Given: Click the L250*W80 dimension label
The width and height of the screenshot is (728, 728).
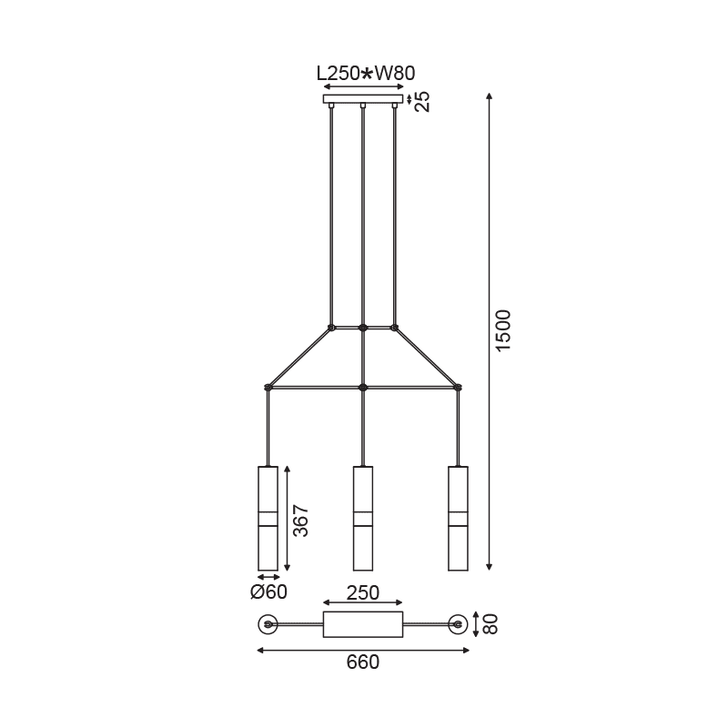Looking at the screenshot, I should [x=364, y=73].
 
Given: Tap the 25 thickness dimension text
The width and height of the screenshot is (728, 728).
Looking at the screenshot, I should [x=421, y=100].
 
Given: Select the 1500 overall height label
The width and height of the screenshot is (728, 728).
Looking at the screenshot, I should [x=503, y=332].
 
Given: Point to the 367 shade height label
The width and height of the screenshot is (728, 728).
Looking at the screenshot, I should [x=301, y=521].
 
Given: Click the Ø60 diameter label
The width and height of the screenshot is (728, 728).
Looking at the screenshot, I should [x=268, y=592].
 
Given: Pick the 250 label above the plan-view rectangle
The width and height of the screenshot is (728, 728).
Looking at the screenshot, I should [x=363, y=592].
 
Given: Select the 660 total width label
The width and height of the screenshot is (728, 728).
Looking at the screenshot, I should [x=363, y=662].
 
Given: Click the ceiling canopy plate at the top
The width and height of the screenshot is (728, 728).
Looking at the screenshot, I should [x=363, y=98].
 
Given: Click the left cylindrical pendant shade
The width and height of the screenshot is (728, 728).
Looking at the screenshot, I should [x=268, y=519].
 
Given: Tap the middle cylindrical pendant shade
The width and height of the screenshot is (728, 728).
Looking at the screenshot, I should [x=363, y=519].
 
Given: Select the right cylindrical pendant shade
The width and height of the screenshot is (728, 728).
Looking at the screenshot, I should [x=458, y=519].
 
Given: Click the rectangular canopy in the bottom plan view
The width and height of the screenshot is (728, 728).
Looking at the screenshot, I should [x=363, y=624].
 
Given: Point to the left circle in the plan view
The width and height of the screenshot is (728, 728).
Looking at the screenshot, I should [x=268, y=624].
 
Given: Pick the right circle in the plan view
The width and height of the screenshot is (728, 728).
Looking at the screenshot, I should [x=458, y=624].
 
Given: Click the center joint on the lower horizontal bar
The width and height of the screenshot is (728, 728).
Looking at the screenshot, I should [x=363, y=388].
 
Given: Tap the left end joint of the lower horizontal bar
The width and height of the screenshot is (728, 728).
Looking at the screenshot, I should [x=268, y=388].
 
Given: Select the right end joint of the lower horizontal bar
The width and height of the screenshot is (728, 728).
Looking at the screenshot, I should [x=458, y=388].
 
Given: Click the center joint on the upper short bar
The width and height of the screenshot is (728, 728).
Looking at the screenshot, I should [x=363, y=327].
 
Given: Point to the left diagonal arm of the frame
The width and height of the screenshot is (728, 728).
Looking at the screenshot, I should [x=299, y=357].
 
